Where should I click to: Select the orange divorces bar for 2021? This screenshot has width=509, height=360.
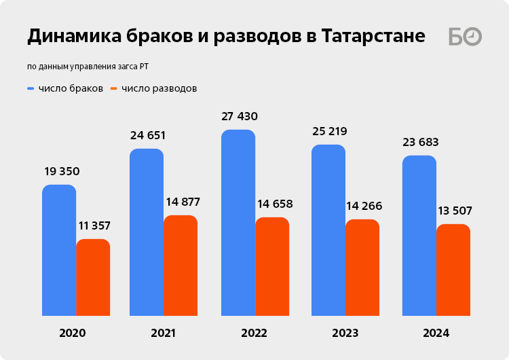(x=181, y=266)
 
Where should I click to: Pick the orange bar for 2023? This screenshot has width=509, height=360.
(x=362, y=268)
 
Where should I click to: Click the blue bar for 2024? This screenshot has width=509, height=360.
(x=419, y=236)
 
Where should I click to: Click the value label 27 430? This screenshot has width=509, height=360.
(x=240, y=116)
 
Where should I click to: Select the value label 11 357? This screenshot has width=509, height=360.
(x=93, y=226)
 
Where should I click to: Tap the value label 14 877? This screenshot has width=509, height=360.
(x=183, y=202)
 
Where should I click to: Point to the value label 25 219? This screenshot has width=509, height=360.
(x=329, y=131)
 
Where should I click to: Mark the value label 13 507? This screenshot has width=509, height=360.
(x=455, y=211)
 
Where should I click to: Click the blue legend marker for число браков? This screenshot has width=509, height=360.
(x=31, y=88)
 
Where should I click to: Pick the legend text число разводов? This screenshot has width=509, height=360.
(x=159, y=88)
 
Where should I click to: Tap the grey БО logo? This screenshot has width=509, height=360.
(x=465, y=37)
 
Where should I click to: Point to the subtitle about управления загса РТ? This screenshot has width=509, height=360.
(x=88, y=67)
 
